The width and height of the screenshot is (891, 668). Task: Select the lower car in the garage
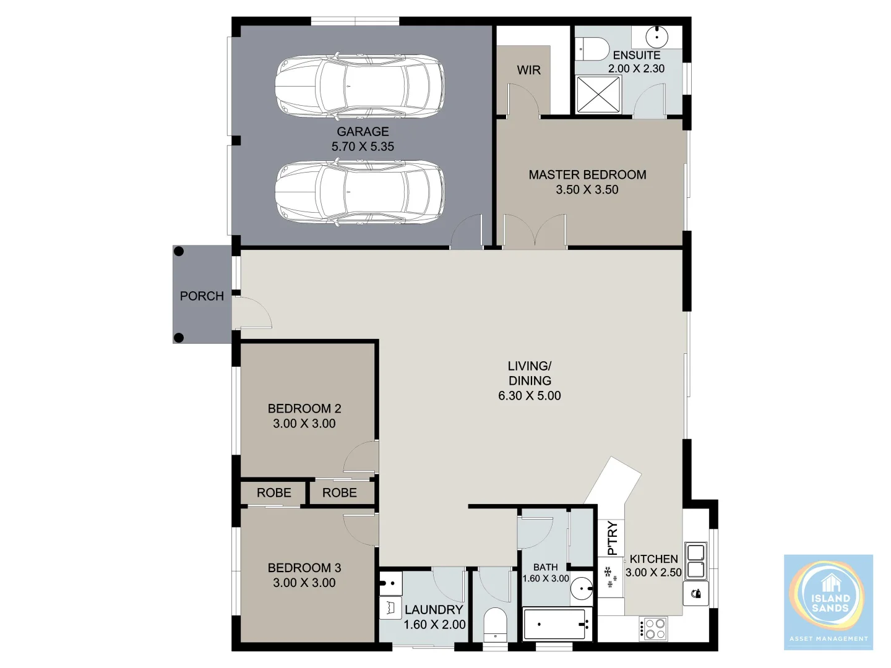(x=359, y=192)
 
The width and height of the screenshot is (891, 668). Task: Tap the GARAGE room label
(x=363, y=132)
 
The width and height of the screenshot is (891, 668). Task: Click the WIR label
(x=528, y=70)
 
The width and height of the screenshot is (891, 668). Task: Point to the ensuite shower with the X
(x=598, y=95)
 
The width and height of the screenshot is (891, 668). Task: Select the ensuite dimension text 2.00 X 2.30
(x=636, y=69)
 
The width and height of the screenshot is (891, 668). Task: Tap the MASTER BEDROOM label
(x=587, y=175)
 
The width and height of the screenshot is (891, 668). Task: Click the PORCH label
(x=202, y=296)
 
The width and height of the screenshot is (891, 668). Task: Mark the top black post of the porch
(x=179, y=251)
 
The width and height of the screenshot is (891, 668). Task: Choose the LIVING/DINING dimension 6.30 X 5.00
(x=530, y=396)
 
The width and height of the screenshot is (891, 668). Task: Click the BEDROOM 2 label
(x=304, y=409)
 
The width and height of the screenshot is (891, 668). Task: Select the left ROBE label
(x=273, y=493)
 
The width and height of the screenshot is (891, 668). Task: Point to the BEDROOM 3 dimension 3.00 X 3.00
(x=304, y=583)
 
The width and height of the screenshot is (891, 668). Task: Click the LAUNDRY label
(x=434, y=610)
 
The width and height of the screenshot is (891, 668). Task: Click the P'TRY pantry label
(x=612, y=538)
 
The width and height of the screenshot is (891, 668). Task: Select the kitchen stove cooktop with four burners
(x=653, y=628)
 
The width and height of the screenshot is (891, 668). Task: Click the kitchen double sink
(x=697, y=560)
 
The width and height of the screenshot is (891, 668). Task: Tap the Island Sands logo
(x=829, y=602)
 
